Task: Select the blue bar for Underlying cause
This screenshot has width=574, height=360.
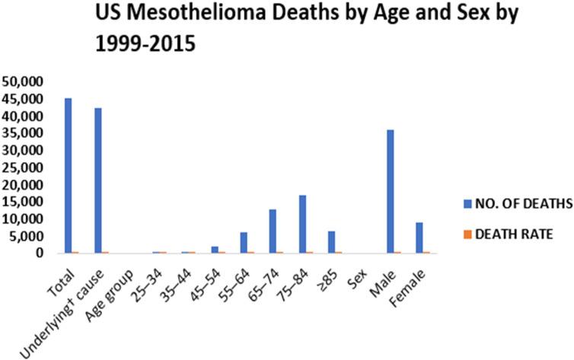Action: click(98, 180)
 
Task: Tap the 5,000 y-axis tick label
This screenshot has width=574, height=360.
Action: click(29, 236)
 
